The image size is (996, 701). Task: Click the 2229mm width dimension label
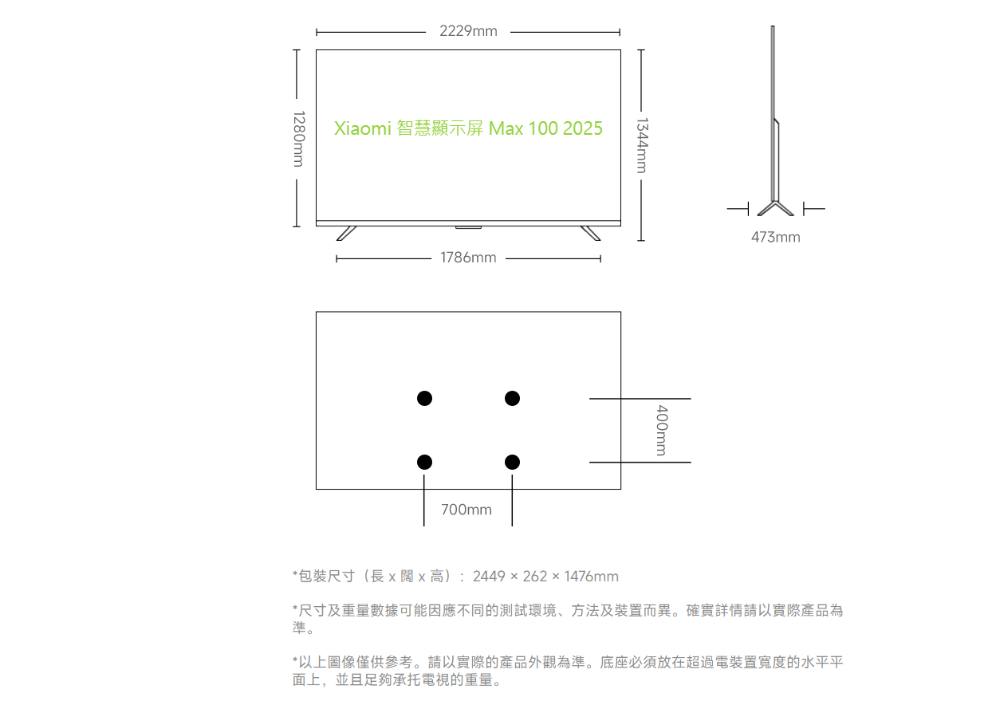point(468,31)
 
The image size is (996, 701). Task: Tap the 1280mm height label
point(299,139)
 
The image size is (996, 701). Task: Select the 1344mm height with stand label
point(642,145)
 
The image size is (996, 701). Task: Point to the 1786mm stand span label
point(468,258)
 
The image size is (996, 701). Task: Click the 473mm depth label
point(775,237)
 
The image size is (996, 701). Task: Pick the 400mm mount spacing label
point(662,430)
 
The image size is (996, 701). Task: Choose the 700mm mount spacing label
point(467,510)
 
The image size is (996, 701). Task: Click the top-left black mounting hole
point(424,399)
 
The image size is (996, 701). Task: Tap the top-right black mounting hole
point(512,399)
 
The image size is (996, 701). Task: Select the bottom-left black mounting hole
point(424,462)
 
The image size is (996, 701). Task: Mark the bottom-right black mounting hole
point(512,462)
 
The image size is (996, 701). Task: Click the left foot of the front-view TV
point(346,234)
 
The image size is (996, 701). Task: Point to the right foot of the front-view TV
point(590,234)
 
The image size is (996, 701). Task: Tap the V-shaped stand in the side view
point(775,209)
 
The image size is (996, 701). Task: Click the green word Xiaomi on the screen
point(362,128)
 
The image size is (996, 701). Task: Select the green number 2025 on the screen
point(582,128)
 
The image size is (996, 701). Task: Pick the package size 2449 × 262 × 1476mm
point(545,577)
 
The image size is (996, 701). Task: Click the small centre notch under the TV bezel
point(468,228)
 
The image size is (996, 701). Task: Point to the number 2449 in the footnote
point(489,577)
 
